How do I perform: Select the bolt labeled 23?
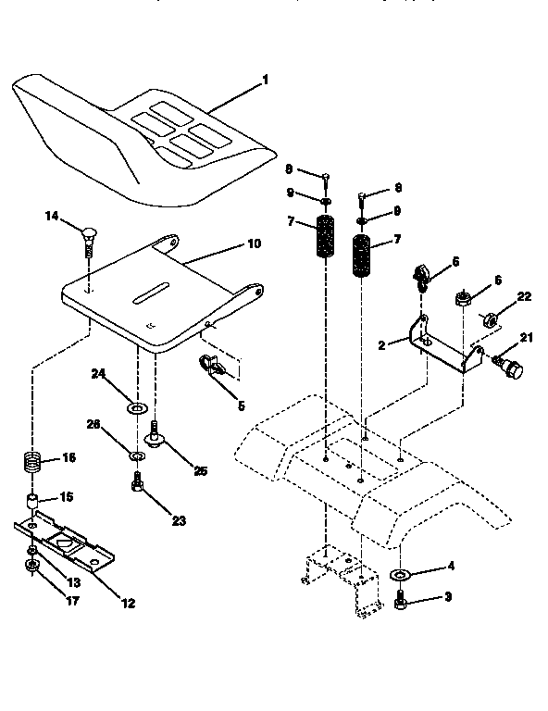(137, 483)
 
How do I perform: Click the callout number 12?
(128, 603)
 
